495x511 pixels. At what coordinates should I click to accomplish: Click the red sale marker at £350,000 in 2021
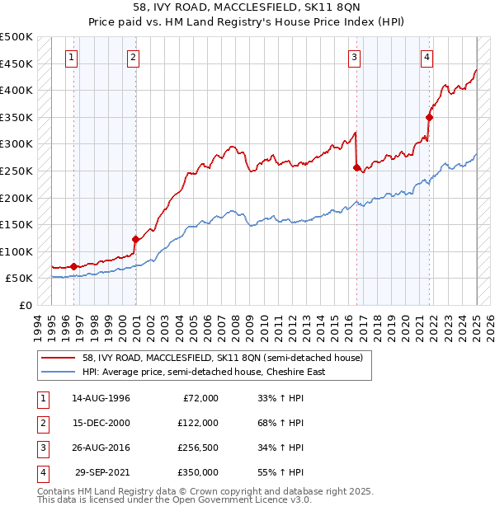tap(429, 117)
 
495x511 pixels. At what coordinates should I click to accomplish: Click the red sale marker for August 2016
tap(357, 167)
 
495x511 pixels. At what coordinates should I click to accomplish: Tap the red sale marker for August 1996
tap(73, 266)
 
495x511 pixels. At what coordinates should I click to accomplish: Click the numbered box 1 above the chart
tap(72, 58)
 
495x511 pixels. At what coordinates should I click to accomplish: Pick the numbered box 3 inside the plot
tap(354, 58)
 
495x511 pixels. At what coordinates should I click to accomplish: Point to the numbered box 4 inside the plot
tap(427, 58)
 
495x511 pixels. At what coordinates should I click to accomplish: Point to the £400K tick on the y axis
tap(16, 90)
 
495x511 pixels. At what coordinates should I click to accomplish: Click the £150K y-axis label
tap(16, 224)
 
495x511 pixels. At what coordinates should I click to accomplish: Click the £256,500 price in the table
tap(198, 448)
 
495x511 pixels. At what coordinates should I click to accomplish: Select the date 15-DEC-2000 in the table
tap(101, 423)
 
